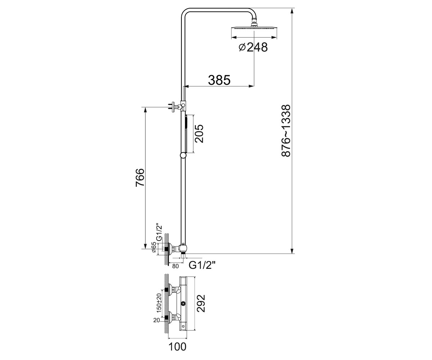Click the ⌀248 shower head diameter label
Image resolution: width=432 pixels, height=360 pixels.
tap(253, 48)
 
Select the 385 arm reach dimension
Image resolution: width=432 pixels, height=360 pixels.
tap(219, 80)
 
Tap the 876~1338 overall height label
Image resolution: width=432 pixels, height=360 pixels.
tap(286, 131)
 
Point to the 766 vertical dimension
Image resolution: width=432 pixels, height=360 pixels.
tap(140, 177)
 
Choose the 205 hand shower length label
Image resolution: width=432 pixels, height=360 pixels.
tap(199, 134)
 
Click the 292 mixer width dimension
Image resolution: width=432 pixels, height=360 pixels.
tap(201, 303)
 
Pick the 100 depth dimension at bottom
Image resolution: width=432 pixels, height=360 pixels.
tap(177, 347)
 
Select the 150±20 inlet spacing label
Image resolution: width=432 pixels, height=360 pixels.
tap(159, 303)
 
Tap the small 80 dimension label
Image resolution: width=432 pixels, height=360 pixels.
tap(175, 266)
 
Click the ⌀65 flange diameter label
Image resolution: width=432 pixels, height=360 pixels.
tap(154, 247)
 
